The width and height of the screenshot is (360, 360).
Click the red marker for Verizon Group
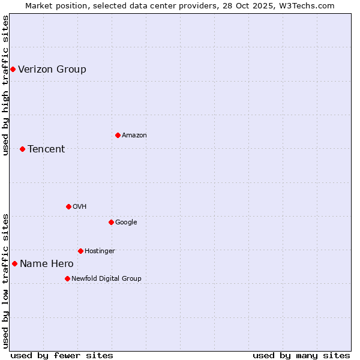pyautogui.click(x=13, y=69)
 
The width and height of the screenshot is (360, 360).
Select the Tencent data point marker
pyautogui.click(x=22, y=149)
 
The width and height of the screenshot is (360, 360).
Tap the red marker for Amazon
pyautogui.click(x=118, y=135)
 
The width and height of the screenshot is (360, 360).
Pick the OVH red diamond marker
pyautogui.click(x=68, y=206)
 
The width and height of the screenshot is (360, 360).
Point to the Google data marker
pyautogui.click(x=111, y=222)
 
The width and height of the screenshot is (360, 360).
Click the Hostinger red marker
pyautogui.click(x=80, y=251)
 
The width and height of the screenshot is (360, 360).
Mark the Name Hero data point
pyautogui.click(x=14, y=263)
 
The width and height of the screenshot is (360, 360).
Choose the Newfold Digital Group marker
pyautogui.click(x=67, y=278)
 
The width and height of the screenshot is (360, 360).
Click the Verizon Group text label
pyautogui.click(x=52, y=69)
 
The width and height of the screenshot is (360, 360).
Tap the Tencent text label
pyautogui.click(x=46, y=149)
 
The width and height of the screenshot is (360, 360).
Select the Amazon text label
pyautogui.click(x=134, y=135)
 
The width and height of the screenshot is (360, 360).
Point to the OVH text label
pyautogui.click(x=80, y=206)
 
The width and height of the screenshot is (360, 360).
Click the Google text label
pyautogui.click(x=126, y=222)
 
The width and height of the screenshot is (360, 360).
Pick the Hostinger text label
pyautogui.click(x=100, y=251)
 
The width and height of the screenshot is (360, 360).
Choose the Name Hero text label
pyautogui.click(x=47, y=263)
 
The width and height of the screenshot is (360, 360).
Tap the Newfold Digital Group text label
pyautogui.click(x=106, y=278)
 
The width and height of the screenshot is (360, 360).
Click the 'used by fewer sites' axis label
pyautogui.click(x=62, y=355)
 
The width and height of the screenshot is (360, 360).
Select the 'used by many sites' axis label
pyautogui.click(x=301, y=355)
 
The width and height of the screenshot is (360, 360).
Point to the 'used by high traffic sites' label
pyautogui.click(x=5, y=85)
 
